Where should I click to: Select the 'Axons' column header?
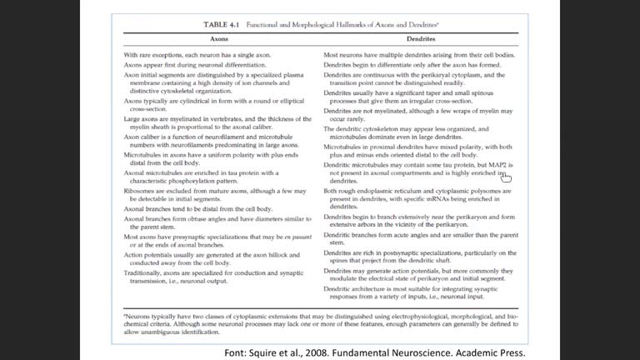219,39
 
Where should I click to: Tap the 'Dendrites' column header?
420,39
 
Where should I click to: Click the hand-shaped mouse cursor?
506,176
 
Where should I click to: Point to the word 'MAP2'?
499,165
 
